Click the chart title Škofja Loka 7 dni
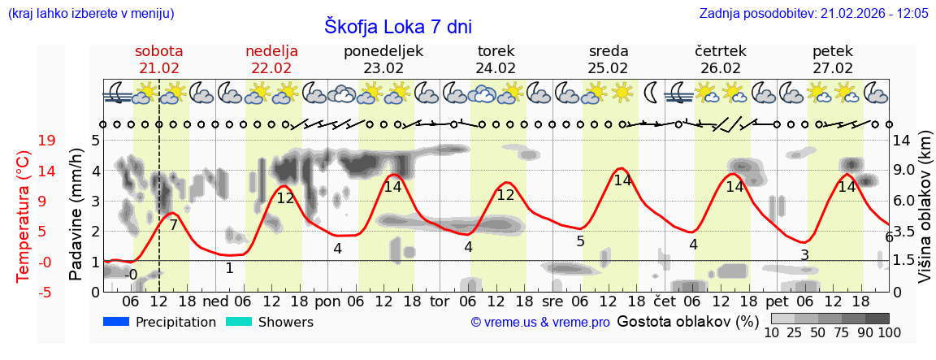pyautogui.click(x=397, y=26)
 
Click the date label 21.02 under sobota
pyautogui.click(x=159, y=68)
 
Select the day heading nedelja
pyautogui.click(x=271, y=51)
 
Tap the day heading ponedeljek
pyautogui.click(x=383, y=51)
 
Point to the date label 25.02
pyautogui.click(x=608, y=68)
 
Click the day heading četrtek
pyautogui.click(x=720, y=51)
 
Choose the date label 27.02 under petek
pyautogui.click(x=833, y=68)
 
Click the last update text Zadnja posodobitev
pyautogui.click(x=813, y=14)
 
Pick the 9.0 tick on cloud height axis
pyautogui.click(x=903, y=170)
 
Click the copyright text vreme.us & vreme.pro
pyautogui.click(x=539, y=323)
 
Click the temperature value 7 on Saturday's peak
pyautogui.click(x=173, y=225)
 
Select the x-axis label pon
pyautogui.click(x=327, y=301)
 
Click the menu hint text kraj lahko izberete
pyautogui.click(x=90, y=14)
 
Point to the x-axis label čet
pyautogui.click(x=665, y=301)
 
